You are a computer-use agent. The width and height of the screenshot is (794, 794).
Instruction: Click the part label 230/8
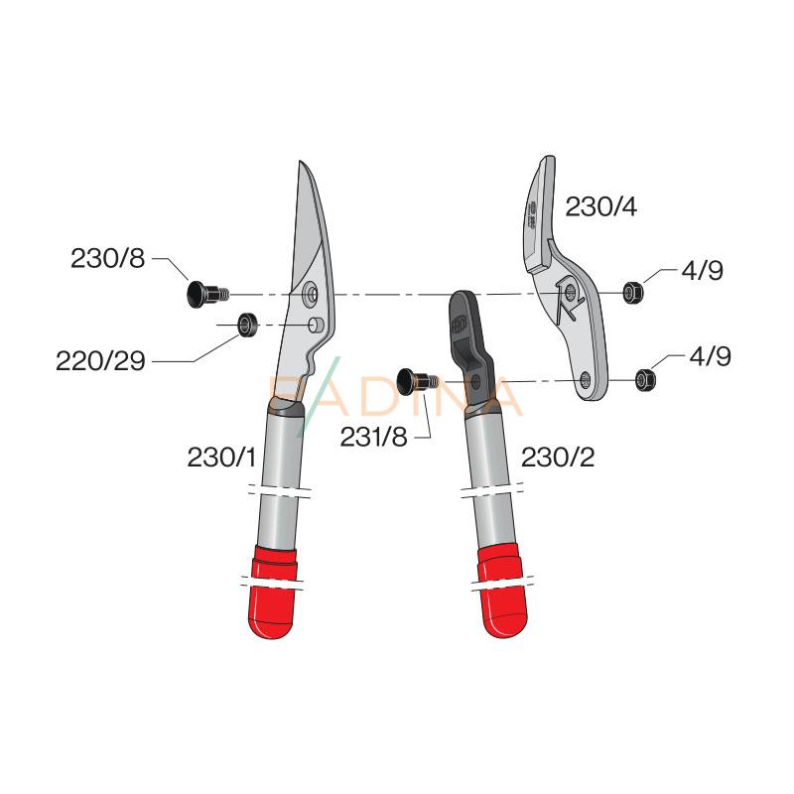[x=107, y=259]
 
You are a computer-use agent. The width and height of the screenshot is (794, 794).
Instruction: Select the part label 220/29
[x=100, y=361]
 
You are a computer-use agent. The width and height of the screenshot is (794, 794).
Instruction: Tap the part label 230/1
[x=221, y=458]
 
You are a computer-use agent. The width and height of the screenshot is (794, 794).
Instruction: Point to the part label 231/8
[x=373, y=437]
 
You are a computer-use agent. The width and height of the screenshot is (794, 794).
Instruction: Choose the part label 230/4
[x=600, y=207]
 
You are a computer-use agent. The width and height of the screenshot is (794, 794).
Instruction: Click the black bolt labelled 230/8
[x=202, y=293]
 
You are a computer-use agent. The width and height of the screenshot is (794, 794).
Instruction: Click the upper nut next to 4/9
[x=629, y=292]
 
